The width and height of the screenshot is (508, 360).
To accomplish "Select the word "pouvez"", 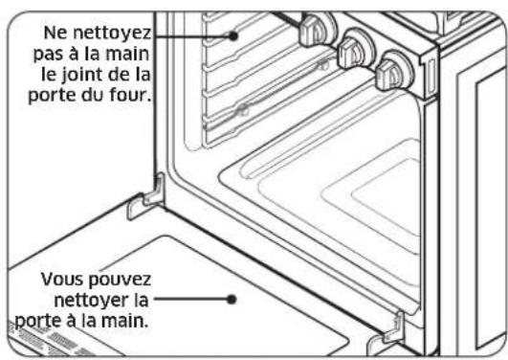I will pyautogui.click(x=118, y=281).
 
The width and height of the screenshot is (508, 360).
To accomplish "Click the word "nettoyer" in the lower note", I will pyautogui.click(x=97, y=301).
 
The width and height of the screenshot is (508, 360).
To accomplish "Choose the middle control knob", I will pyautogui.click(x=355, y=45).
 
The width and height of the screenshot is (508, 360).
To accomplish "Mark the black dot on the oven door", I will pyautogui.click(x=232, y=297).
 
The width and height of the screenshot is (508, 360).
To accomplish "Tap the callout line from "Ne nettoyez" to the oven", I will pyautogui.click(x=191, y=34).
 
